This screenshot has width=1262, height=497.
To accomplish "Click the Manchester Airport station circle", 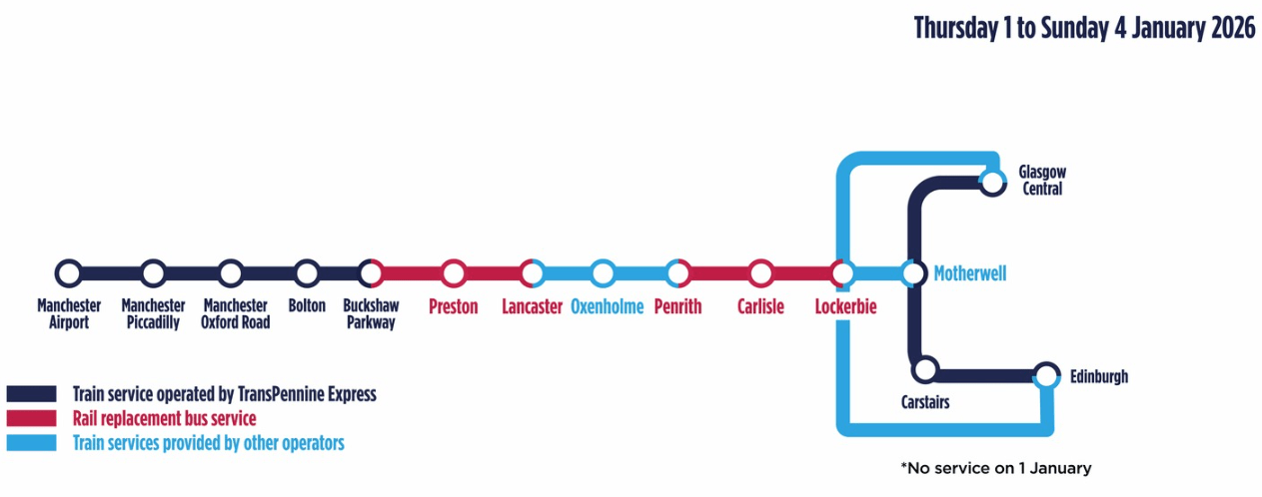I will click(68, 272).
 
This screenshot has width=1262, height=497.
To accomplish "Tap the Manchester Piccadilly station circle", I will click(153, 272).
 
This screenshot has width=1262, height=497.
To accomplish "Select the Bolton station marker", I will click(307, 272).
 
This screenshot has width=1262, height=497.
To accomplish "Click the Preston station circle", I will click(454, 272).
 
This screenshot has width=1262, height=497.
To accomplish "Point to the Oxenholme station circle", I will click(602, 272).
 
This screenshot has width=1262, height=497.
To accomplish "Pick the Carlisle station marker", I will click(761, 272).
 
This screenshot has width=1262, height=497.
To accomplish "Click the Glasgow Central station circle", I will click(992, 182).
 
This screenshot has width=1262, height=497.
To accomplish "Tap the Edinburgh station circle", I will click(1046, 375).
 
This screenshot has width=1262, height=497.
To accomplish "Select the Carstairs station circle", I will click(925, 370).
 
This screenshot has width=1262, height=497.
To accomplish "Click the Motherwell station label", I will click(969, 273).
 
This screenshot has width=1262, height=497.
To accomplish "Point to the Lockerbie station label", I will click(845, 307).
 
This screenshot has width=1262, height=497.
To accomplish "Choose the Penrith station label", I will click(677, 307).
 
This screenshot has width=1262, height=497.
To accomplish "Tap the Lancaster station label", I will click(532, 307).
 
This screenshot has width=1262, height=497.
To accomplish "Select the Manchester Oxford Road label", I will click(236, 313).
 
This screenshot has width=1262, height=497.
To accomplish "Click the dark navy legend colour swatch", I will click(31, 394).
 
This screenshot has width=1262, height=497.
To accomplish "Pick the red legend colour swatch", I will click(31, 418).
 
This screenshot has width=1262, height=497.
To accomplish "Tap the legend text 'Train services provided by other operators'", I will click(208, 442).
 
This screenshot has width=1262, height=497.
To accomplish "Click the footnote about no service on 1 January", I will click(995, 468).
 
